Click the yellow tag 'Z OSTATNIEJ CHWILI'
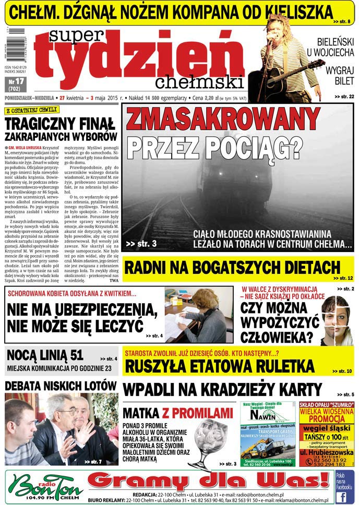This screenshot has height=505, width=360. pos(31,111)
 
